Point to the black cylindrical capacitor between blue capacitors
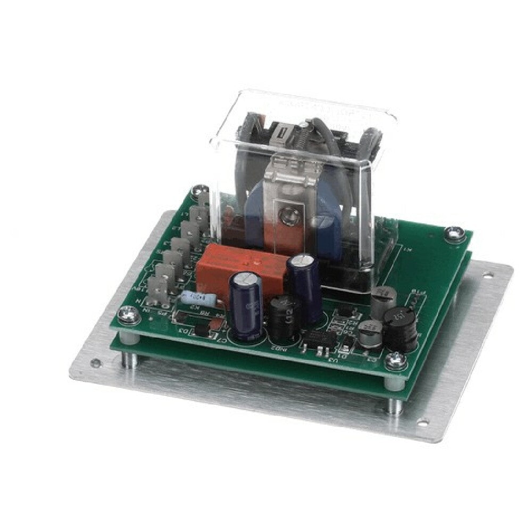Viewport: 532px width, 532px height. coord(282,319)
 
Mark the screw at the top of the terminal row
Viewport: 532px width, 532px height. coord(201,189)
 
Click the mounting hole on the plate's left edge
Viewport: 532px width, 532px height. coord(96,363)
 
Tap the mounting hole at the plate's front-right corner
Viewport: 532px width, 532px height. coord(422,423)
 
